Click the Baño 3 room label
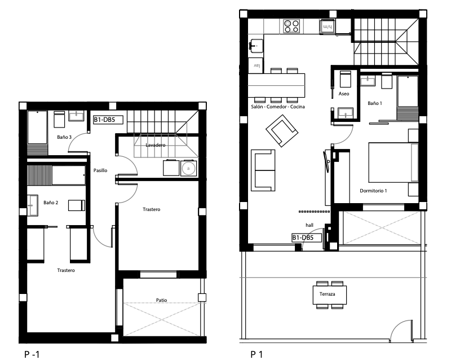[x=64, y=137]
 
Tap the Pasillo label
[x=100, y=170]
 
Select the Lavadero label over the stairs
[x=156, y=145]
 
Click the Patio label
[x=161, y=300]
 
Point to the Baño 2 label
[x=51, y=203]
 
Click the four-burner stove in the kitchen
[x=291, y=27]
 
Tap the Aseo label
[x=344, y=94]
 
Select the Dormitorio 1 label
[x=373, y=191]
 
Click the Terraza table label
[x=327, y=294]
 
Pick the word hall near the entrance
[x=309, y=225]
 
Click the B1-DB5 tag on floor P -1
[x=108, y=120]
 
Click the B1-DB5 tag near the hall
[x=307, y=238]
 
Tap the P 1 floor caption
[x=257, y=354]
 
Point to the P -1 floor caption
[x=32, y=354]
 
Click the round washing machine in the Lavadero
[x=189, y=169]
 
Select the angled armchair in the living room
[x=282, y=131]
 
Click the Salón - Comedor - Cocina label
[x=278, y=107]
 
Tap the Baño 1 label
[x=375, y=103]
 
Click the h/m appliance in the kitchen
[x=328, y=27]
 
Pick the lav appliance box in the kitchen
[x=256, y=65]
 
